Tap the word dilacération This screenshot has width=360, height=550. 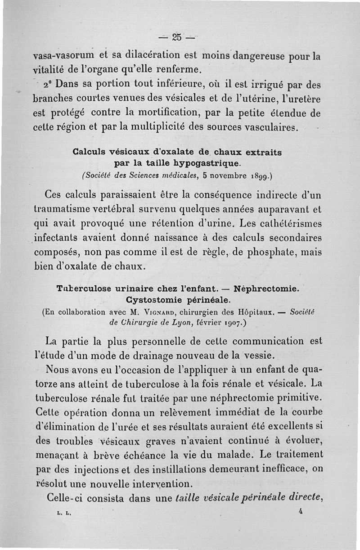149,57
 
